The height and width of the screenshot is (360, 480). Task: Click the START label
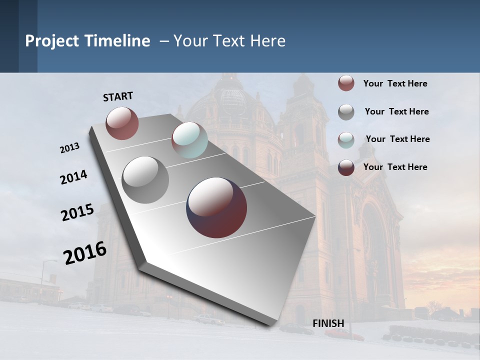coord(118,96)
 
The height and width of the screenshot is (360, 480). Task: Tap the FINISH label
coord(328,323)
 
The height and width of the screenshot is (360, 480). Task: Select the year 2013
coord(69,148)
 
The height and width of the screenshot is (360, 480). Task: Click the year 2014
coord(73,177)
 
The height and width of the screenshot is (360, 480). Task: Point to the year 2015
coord(77,212)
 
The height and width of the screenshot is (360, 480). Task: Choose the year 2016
coord(85,253)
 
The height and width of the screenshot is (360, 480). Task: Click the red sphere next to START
coord(122,123)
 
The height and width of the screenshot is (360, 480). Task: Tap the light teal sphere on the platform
coord(189,140)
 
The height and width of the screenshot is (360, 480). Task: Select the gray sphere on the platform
coord(145,179)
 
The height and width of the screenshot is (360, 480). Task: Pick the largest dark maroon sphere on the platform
coord(216,207)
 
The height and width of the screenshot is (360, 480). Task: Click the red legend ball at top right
coord(346,83)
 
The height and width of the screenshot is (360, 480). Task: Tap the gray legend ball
coord(346,112)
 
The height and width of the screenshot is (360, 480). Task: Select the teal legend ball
coord(346,139)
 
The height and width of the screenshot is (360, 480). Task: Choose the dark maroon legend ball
coord(346,167)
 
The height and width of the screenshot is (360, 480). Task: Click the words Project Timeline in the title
coord(87,41)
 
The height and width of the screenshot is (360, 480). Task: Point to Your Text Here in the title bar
coord(229,41)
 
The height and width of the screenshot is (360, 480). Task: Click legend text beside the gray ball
coord(396,111)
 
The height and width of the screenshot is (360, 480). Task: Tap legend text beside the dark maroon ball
coord(395,167)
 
